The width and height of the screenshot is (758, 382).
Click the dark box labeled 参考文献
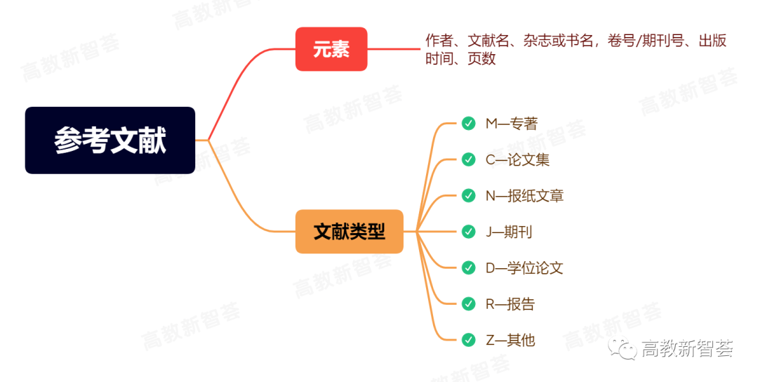(109, 140)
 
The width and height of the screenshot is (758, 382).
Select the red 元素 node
(331, 49)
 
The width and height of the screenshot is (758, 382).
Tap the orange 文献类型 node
(349, 232)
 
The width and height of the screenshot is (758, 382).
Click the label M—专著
(512, 124)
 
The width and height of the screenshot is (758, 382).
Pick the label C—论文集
(517, 159)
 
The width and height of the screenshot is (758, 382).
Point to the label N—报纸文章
(524, 196)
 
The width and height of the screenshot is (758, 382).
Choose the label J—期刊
(509, 232)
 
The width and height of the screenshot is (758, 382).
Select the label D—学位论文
(524, 268)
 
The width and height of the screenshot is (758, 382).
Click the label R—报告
(510, 304)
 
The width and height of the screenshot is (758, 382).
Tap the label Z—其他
(510, 341)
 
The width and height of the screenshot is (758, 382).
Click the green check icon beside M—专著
(468, 124)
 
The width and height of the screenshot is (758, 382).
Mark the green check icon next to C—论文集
(468, 159)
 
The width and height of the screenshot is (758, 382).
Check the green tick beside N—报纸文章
(468, 195)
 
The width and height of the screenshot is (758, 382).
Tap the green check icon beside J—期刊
(468, 232)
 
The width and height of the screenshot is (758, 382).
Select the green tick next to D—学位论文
(468, 268)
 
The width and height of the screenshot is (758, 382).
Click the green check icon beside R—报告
(468, 303)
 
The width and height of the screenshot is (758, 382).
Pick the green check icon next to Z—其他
(468, 340)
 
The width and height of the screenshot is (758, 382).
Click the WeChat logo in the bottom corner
(622, 348)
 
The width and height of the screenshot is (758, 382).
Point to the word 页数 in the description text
(481, 58)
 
